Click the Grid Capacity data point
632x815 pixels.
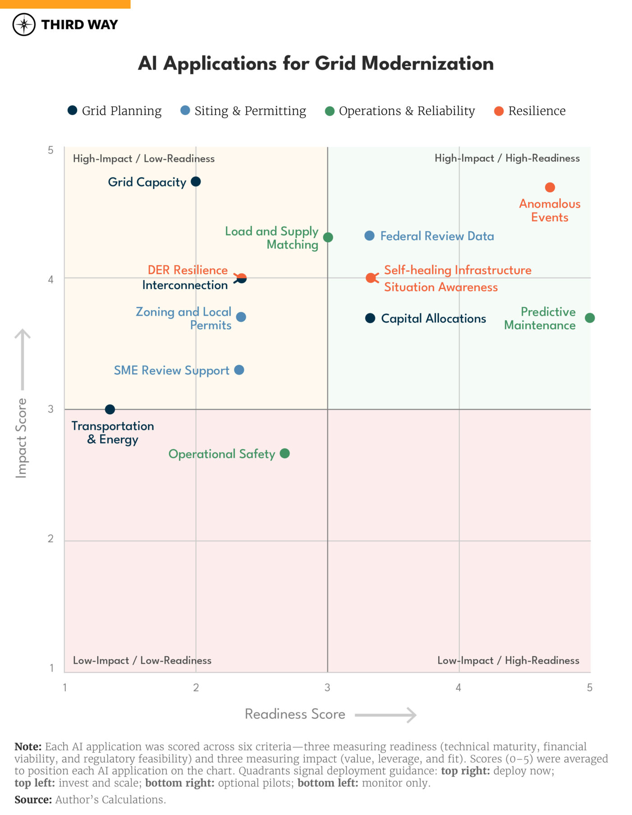pos(196,181)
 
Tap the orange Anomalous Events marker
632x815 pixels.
pos(550,187)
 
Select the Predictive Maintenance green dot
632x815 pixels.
pos(589,318)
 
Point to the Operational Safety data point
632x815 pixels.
pos(284,453)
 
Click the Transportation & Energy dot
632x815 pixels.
pos(110,409)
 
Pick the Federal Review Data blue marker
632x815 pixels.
pos(369,235)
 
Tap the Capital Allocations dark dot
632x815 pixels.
pos(370,318)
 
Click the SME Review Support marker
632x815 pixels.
pos(239,370)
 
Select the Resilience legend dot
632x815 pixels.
pos(499,111)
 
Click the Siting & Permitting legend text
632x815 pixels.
pos(250,111)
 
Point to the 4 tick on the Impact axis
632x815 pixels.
pos(50,280)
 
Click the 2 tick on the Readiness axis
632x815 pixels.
pos(196,688)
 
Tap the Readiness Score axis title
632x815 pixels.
pos(295,714)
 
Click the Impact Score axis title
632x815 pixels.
pos(21,438)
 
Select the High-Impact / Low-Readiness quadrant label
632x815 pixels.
pos(143,158)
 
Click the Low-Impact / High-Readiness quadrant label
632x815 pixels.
pos(508,661)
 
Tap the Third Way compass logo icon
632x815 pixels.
pos(24,24)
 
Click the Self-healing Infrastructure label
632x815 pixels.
pos(458,270)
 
